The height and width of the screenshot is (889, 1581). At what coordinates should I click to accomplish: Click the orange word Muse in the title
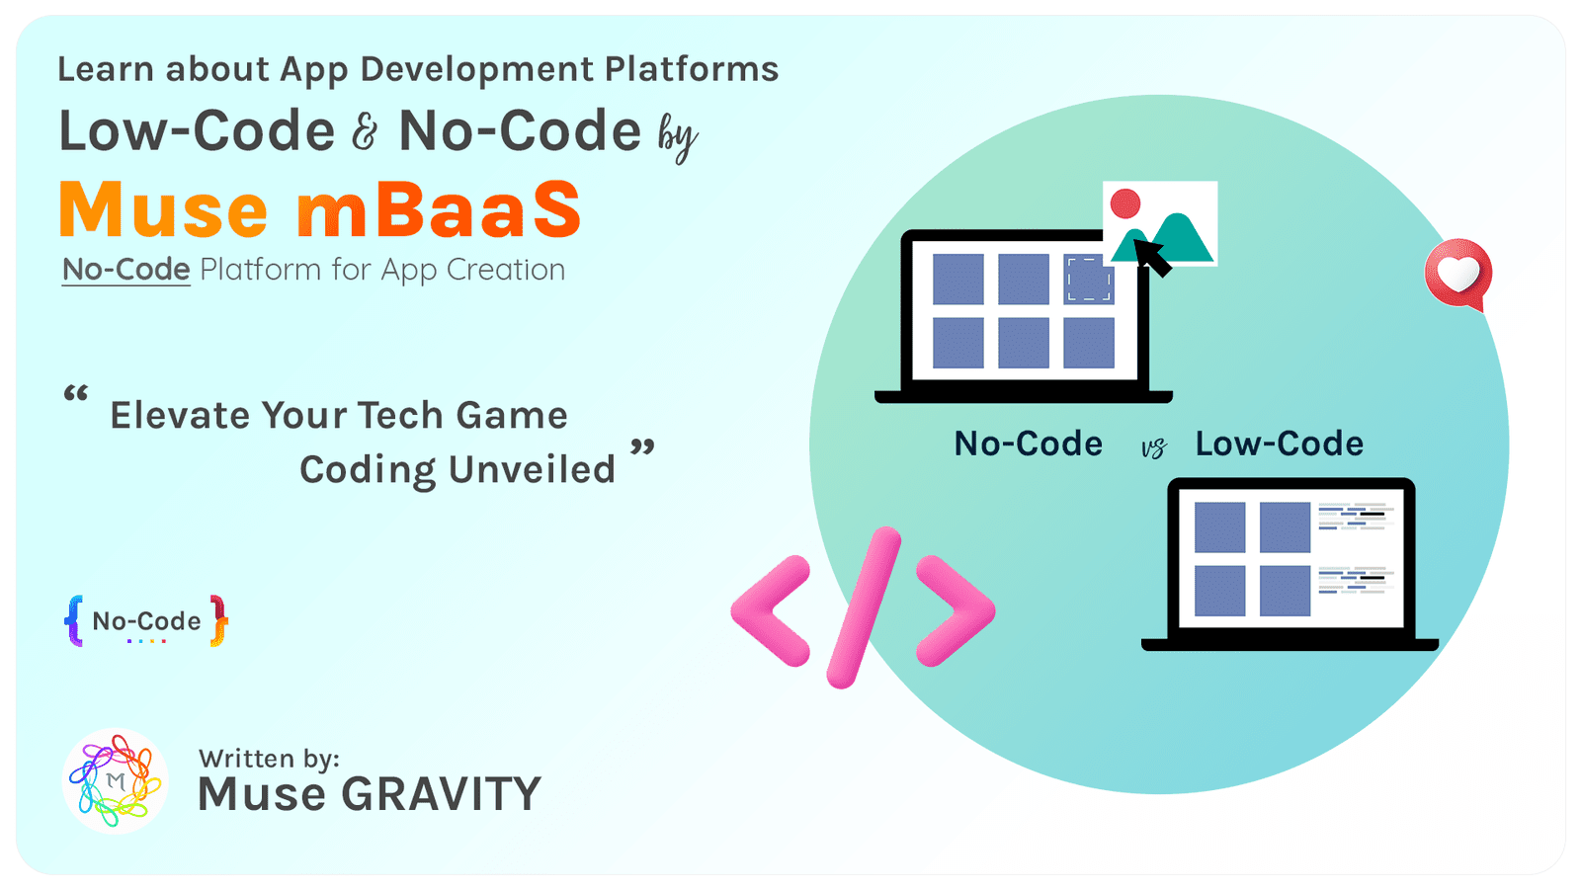click(163, 210)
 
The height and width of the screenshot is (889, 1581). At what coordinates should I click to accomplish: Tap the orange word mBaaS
click(439, 210)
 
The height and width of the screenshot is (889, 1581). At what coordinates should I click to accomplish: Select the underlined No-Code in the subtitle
click(125, 270)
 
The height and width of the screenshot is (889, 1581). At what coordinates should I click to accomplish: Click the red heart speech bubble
click(1457, 274)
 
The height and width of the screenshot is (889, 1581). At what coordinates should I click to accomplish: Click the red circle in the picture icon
click(1125, 204)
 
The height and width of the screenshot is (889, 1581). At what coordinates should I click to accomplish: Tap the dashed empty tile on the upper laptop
click(1088, 279)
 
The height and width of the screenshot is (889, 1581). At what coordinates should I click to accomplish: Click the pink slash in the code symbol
click(864, 607)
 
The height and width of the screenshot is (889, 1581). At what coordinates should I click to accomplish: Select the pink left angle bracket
click(772, 610)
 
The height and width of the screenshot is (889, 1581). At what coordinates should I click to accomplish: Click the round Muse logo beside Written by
click(115, 780)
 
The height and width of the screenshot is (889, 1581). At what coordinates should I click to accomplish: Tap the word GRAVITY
click(441, 794)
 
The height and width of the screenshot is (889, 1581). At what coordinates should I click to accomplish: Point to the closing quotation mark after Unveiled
click(642, 447)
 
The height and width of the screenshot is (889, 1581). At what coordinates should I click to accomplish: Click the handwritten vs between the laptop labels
click(1153, 448)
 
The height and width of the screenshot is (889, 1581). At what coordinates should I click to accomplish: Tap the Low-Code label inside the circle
click(1279, 444)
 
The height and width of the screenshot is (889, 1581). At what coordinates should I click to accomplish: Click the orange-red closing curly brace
click(218, 620)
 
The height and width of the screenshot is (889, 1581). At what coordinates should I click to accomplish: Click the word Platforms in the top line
click(691, 69)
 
